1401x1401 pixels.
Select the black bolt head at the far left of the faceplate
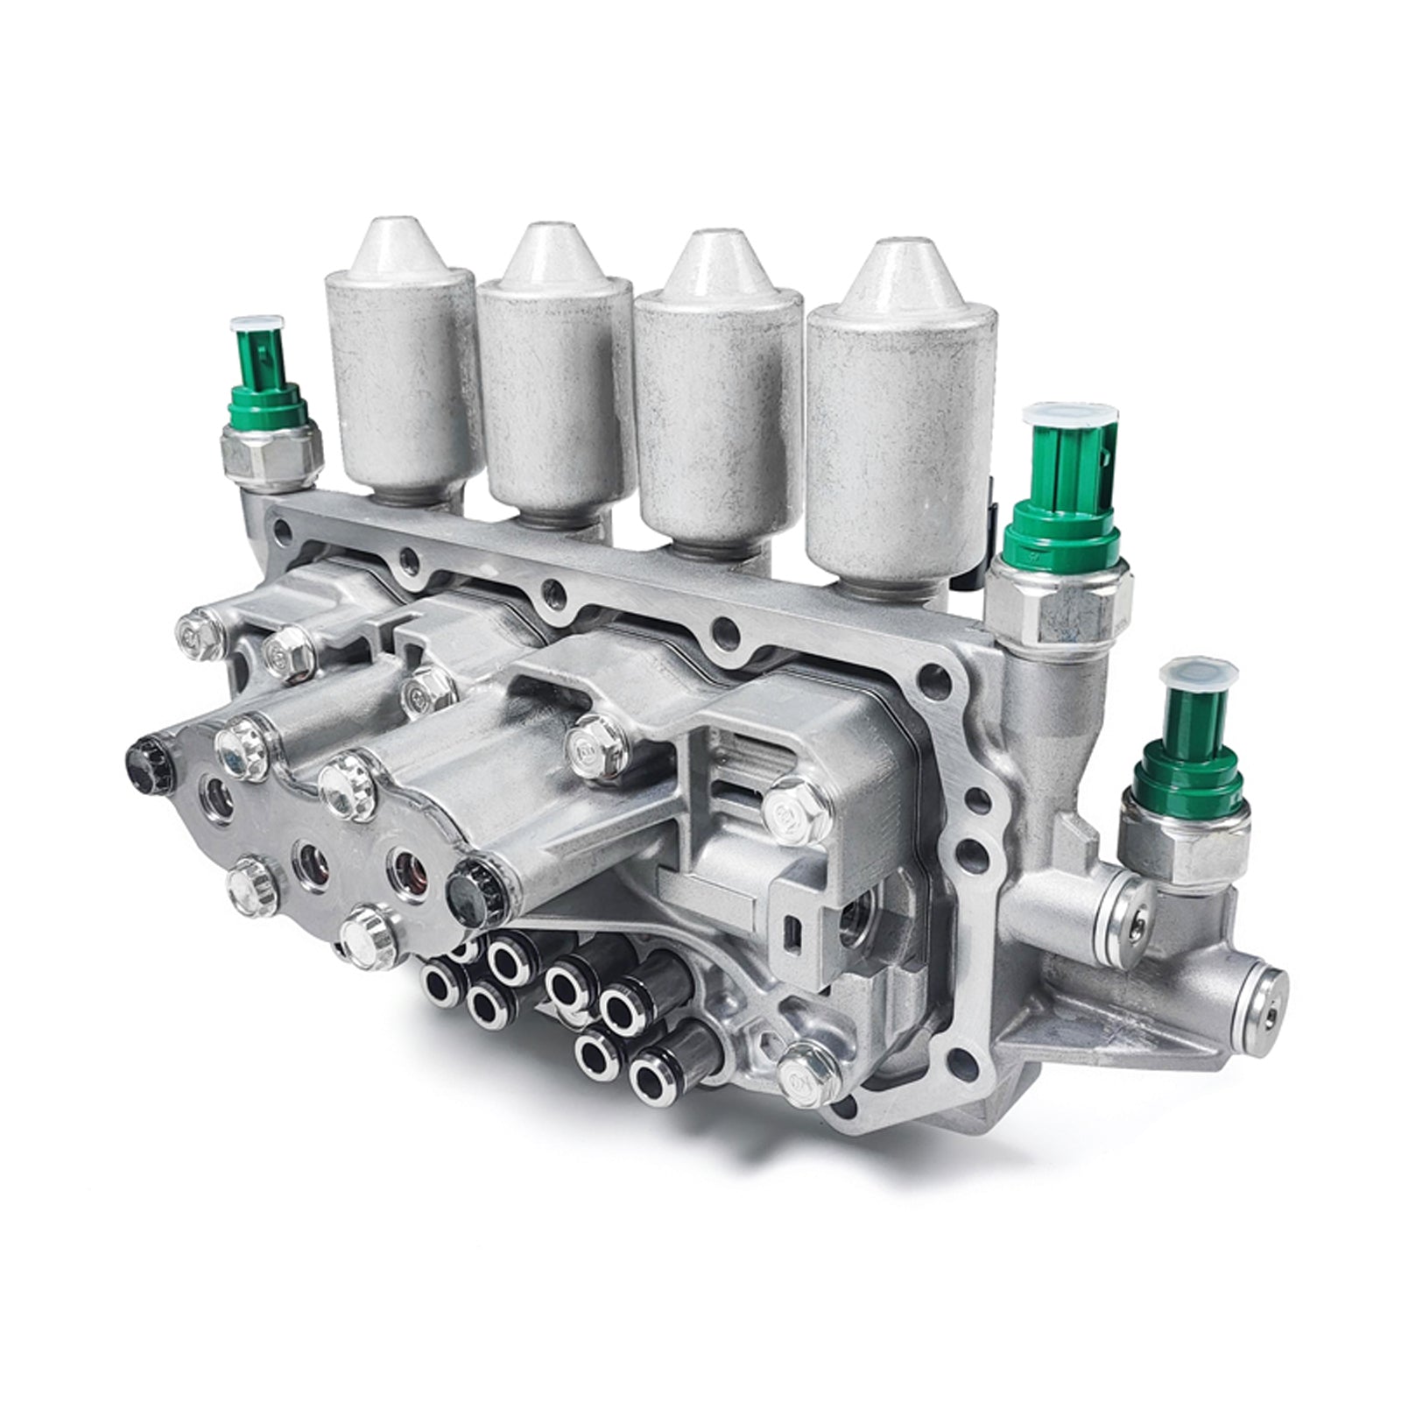click(x=143, y=753)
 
